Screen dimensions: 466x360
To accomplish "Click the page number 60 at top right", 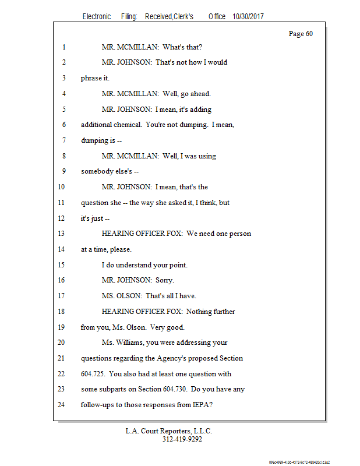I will coord(301,34).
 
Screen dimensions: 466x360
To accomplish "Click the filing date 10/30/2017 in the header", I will coord(248,17).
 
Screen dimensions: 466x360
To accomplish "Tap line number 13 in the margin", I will coord(62,234).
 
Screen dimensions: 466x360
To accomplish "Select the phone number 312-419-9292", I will coord(182,439).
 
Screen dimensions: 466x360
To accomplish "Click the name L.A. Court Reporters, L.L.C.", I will coord(169,431).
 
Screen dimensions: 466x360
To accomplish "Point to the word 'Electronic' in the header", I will coord(97,17).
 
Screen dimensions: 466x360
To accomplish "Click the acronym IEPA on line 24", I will coord(197,405).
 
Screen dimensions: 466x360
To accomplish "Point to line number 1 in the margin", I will coord(62,47).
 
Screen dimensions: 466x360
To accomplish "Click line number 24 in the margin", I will coord(62,405).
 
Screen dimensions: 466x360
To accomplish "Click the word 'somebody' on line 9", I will coord(98,171).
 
